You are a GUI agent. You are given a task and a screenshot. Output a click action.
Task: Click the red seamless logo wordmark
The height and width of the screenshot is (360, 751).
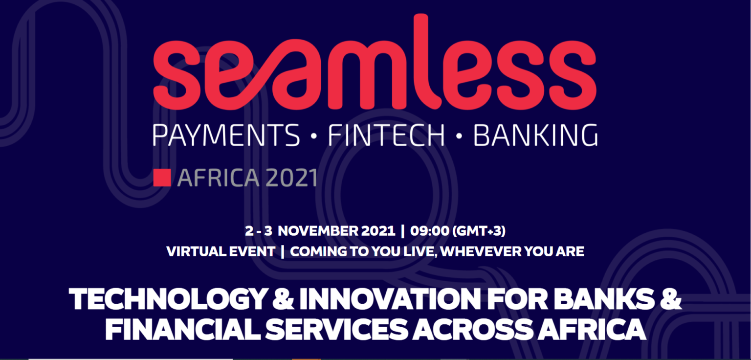375,62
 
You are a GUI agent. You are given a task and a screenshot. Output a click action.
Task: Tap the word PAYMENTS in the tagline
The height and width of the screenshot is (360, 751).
226,135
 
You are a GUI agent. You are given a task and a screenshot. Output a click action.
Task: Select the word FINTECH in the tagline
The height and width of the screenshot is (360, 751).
386,135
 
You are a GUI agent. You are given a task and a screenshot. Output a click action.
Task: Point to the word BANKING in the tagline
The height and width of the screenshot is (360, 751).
535,135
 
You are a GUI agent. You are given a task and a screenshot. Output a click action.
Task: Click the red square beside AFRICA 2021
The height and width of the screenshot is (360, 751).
162,178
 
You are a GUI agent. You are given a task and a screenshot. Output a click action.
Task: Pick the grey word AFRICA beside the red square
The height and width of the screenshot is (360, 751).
218,178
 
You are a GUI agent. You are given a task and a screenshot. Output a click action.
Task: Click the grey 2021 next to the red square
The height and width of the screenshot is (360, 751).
291,178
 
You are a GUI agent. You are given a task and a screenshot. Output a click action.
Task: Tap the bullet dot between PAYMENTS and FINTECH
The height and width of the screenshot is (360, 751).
314,136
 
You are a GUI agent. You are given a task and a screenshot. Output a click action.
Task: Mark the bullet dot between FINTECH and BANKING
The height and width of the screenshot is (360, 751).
459,136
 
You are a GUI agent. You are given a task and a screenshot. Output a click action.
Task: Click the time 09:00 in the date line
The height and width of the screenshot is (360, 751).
429,231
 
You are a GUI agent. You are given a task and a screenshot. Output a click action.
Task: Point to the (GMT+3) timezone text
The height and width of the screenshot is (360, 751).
479,231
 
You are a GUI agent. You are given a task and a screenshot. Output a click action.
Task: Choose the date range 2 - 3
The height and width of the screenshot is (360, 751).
259,231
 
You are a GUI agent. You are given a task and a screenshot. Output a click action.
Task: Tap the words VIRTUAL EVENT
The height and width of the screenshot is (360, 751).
221,251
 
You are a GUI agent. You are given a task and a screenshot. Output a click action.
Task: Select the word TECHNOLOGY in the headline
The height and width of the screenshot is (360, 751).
168,298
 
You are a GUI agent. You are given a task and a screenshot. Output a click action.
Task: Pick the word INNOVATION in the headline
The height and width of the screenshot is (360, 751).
390,298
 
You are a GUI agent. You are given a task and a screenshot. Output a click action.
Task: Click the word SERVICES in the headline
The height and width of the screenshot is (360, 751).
336,329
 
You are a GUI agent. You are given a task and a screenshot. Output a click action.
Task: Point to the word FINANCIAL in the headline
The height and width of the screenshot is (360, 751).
183,329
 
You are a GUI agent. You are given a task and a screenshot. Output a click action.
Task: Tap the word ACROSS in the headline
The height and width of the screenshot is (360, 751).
473,329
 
